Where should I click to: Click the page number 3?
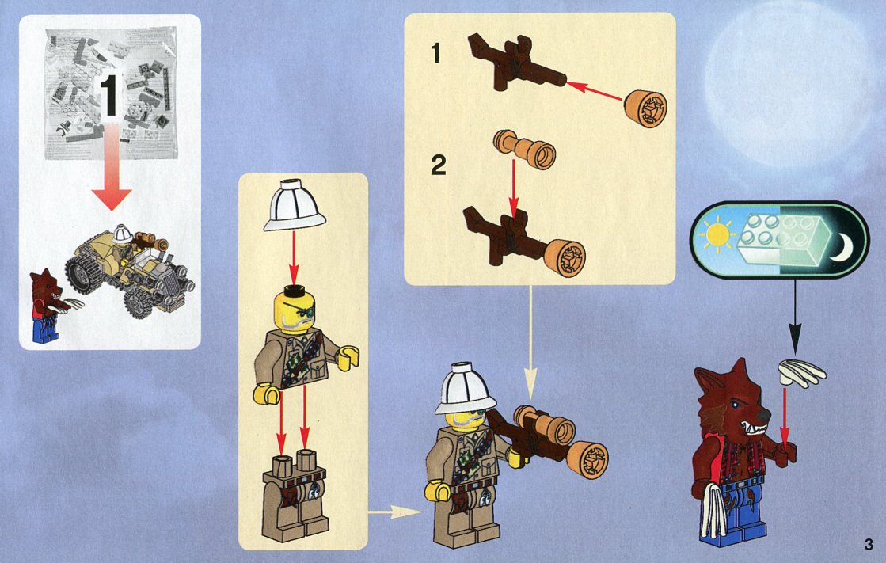click(869, 545)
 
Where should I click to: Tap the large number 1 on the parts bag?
click(109, 95)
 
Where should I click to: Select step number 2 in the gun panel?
click(439, 165)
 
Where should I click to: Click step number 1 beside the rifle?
click(435, 53)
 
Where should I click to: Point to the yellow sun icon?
click(717, 234)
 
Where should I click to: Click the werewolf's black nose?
click(763, 416)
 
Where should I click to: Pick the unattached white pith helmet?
click(295, 205)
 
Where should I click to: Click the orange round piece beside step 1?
click(645, 108)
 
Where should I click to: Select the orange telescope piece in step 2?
click(524, 148)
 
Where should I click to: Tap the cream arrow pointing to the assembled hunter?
click(395, 512)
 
